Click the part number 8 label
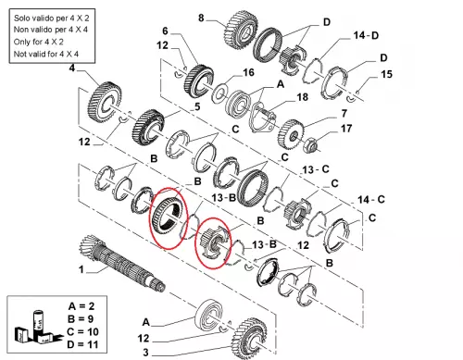click(201, 18)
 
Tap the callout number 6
click(165, 31)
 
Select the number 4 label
click(71, 68)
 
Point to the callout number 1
click(81, 269)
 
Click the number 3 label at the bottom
click(145, 352)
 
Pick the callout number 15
click(386, 74)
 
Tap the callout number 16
click(248, 73)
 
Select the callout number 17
click(346, 129)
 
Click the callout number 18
click(302, 97)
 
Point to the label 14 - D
click(366, 35)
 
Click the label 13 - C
click(316, 169)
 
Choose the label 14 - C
click(371, 200)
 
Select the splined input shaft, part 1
click(122, 263)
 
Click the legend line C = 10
click(82, 332)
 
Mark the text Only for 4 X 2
click(39, 42)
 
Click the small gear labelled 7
click(291, 134)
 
